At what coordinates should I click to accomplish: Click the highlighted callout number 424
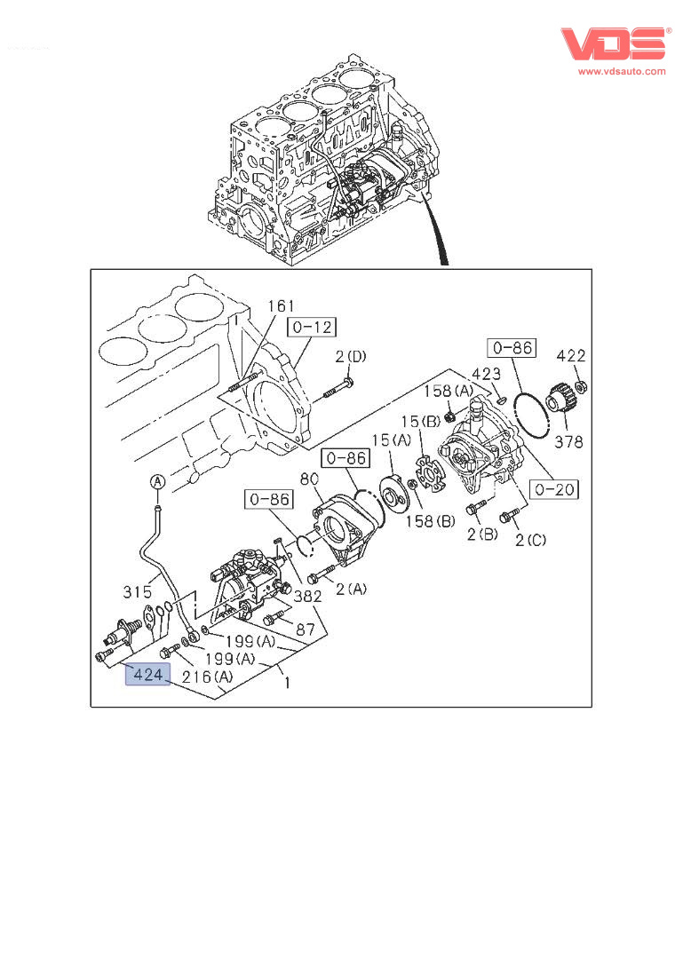pos(147,676)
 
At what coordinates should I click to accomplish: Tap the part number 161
pos(281,306)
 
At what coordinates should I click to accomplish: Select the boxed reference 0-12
pos(311,328)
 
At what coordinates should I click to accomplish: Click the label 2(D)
pos(350,357)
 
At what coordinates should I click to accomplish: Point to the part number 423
pos(486,374)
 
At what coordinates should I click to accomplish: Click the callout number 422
pos(571,356)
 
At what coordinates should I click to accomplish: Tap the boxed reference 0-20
pos(555,488)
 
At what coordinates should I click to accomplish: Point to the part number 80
pos(308,480)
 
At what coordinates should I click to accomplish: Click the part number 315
pos(139,591)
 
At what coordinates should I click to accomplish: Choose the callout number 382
pos(308,596)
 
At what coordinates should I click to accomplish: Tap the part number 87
pos(306,629)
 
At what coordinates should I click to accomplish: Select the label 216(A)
pos(209,677)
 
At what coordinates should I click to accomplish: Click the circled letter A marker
pos(156,482)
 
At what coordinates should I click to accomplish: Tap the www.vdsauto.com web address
pos(622,71)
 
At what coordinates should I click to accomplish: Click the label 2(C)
pos(530,540)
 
